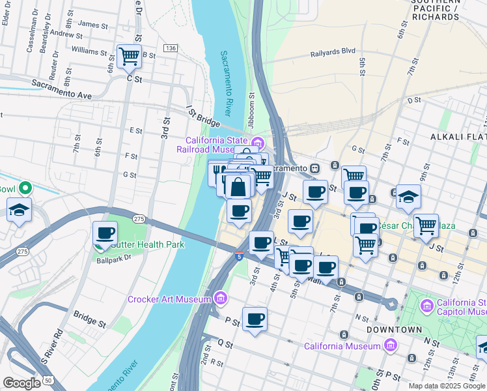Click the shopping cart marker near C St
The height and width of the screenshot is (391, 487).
point(129,56)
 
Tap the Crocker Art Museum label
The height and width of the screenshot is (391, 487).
point(169,299)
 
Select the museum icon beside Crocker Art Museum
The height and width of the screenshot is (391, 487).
point(221,298)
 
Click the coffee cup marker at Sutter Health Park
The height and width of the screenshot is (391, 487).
point(105,233)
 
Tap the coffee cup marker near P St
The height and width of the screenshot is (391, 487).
point(255,319)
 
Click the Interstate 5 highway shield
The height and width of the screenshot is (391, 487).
point(240,256)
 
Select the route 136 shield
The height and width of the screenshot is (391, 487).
point(171,49)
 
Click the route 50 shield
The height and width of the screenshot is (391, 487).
point(48,379)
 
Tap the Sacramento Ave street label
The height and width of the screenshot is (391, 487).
point(62,90)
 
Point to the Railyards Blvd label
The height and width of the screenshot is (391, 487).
point(333,51)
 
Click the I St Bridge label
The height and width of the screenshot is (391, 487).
point(204,118)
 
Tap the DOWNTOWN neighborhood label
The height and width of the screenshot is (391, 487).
point(395,330)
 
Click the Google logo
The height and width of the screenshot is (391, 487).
point(21,383)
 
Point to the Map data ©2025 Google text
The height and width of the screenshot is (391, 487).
point(447,386)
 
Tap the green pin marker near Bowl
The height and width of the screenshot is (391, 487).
point(25,189)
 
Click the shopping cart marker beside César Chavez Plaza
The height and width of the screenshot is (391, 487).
point(426,225)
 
